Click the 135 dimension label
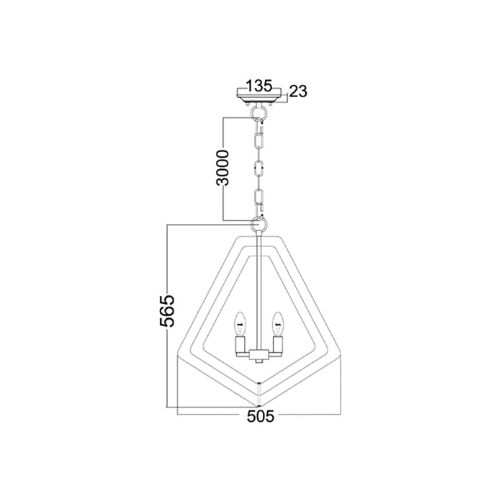pos(259,86)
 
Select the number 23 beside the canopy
pos(298,91)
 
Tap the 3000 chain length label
pos(222,168)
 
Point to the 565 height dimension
pos(167,310)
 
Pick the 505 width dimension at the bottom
pos(261,416)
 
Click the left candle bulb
pos(240,324)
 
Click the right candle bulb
pos(277,324)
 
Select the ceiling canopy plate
pos(259,96)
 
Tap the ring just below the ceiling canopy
pos(259,112)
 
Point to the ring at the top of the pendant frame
pos(259,224)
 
